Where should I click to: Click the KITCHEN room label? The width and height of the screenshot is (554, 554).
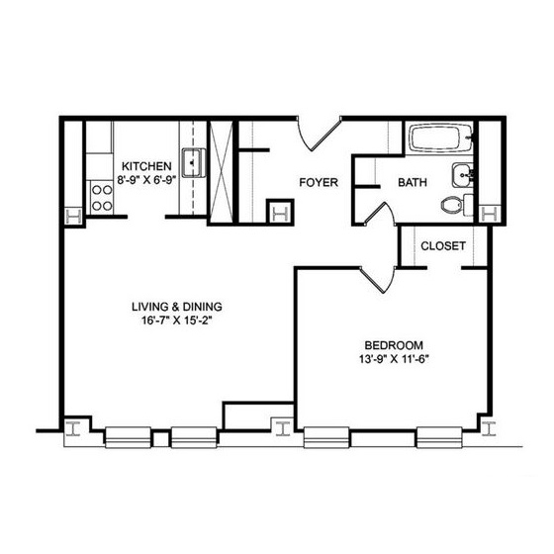pos(146,166)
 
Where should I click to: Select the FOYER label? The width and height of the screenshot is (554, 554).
pos(319,182)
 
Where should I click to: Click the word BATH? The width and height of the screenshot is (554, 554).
pos(413,182)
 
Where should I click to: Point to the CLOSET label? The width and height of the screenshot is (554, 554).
pos(443,245)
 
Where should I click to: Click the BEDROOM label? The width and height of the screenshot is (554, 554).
pos(394,345)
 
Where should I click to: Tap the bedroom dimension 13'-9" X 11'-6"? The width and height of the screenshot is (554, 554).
pos(394,359)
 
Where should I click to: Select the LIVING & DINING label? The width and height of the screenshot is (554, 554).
pos(177,307)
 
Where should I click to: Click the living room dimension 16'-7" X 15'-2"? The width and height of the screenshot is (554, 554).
pos(177,321)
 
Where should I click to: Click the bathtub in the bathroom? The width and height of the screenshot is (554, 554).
pos(440,138)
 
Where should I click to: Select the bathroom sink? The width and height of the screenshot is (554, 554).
pos(463,175)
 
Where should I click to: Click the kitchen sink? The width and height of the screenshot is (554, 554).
pos(194,162)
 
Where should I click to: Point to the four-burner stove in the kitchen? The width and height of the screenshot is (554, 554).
pos(102,198)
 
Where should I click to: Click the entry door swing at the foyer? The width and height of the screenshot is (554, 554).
pos(318,136)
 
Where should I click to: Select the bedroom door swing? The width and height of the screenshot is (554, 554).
pos(379,279)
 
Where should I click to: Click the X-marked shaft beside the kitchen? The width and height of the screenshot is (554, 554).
pos(222,172)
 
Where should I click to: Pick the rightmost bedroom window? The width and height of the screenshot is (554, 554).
pos(439,437)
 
